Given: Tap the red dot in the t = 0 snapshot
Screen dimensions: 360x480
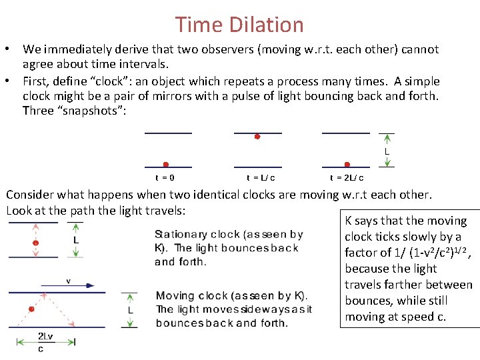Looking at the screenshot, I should pyautogui.click(x=166, y=164).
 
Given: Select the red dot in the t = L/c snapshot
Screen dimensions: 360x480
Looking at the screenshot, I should pyautogui.click(x=257, y=136).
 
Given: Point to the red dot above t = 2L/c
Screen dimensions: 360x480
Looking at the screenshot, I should pyautogui.click(x=347, y=164).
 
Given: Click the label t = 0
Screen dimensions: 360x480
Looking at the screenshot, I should pyautogui.click(x=165, y=178).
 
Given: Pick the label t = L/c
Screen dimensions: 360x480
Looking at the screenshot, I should pyautogui.click(x=261, y=178).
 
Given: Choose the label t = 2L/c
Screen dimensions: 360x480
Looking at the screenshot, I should pyautogui.click(x=347, y=178).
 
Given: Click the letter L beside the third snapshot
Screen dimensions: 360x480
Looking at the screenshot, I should pyautogui.click(x=387, y=152).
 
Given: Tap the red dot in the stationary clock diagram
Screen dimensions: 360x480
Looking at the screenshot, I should pyautogui.click(x=36, y=243).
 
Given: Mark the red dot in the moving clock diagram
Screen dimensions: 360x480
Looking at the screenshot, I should pyautogui.click(x=31, y=309).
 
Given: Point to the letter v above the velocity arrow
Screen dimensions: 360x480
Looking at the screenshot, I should pyautogui.click(x=68, y=281).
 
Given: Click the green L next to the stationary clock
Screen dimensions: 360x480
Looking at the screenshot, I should pyautogui.click(x=77, y=239).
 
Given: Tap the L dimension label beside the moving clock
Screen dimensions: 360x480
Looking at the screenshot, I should pyautogui.click(x=130, y=309).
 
